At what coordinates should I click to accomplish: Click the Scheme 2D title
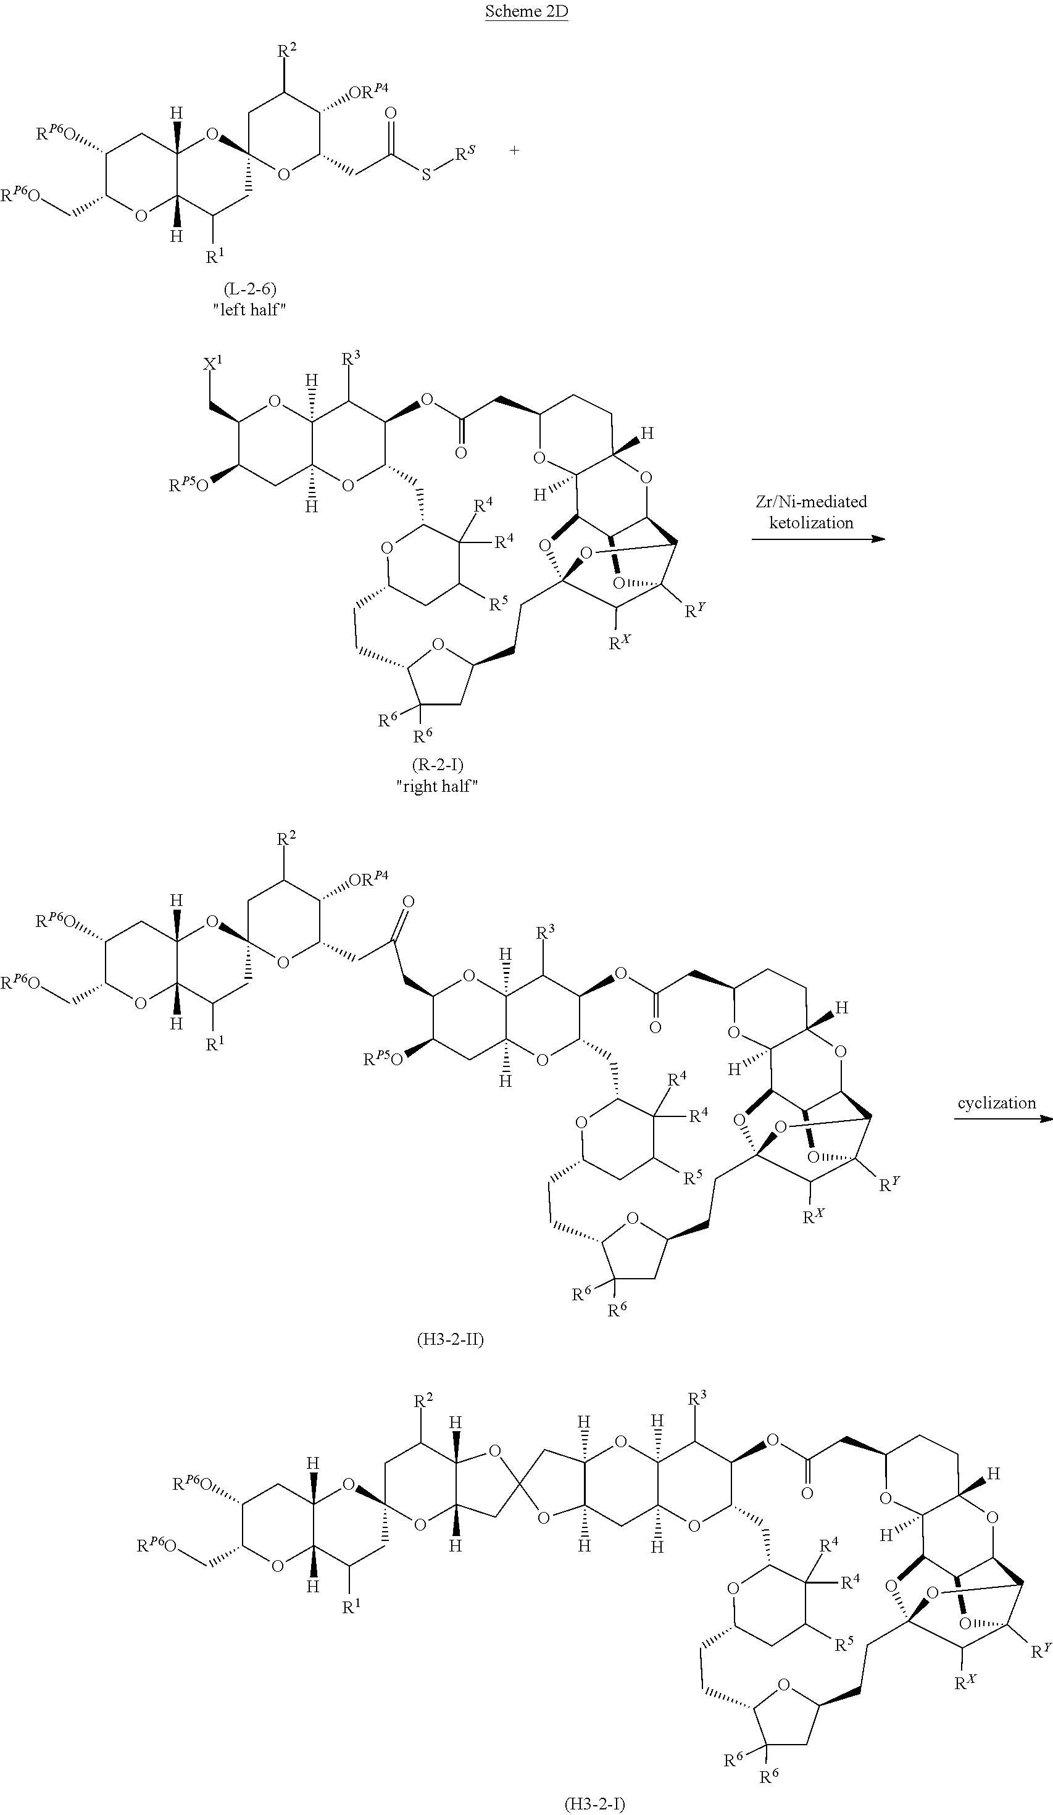[x=526, y=11]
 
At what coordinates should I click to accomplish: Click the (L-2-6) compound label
[x=249, y=289]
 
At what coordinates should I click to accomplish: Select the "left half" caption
[x=249, y=310]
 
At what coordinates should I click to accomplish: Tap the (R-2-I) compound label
[x=437, y=765]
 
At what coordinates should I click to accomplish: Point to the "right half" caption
[x=437, y=786]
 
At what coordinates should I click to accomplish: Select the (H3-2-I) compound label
[x=594, y=1803]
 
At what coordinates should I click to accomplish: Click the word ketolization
[x=811, y=522]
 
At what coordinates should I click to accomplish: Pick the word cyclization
[x=997, y=1103]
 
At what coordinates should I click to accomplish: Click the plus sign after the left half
[x=514, y=151]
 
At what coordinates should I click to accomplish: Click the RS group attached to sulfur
[x=465, y=154]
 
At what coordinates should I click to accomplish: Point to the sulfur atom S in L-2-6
[x=426, y=175]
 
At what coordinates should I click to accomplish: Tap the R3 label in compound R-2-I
[x=351, y=357]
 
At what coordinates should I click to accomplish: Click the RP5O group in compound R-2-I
[x=189, y=486]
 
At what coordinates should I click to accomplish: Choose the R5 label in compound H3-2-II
[x=693, y=1177]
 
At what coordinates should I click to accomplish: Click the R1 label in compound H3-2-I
[x=351, y=1608]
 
